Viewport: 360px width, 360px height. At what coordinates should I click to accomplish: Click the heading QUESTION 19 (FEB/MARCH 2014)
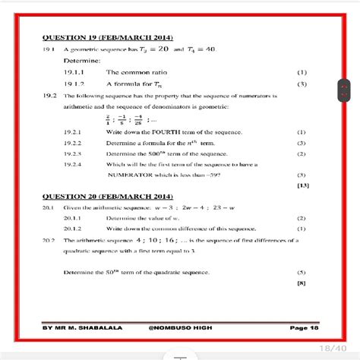click(x=109, y=37)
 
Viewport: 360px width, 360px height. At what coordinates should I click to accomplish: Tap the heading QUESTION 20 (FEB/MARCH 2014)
click(x=109, y=196)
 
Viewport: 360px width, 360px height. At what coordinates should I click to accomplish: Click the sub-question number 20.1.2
click(x=74, y=228)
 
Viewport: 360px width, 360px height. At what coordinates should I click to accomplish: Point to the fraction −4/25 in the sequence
click(x=137, y=118)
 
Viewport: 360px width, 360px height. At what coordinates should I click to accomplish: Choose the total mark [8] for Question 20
click(x=302, y=283)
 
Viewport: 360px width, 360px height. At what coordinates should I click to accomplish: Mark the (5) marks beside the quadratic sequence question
click(x=302, y=271)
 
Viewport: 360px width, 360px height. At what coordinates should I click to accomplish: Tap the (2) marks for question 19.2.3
click(x=302, y=153)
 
